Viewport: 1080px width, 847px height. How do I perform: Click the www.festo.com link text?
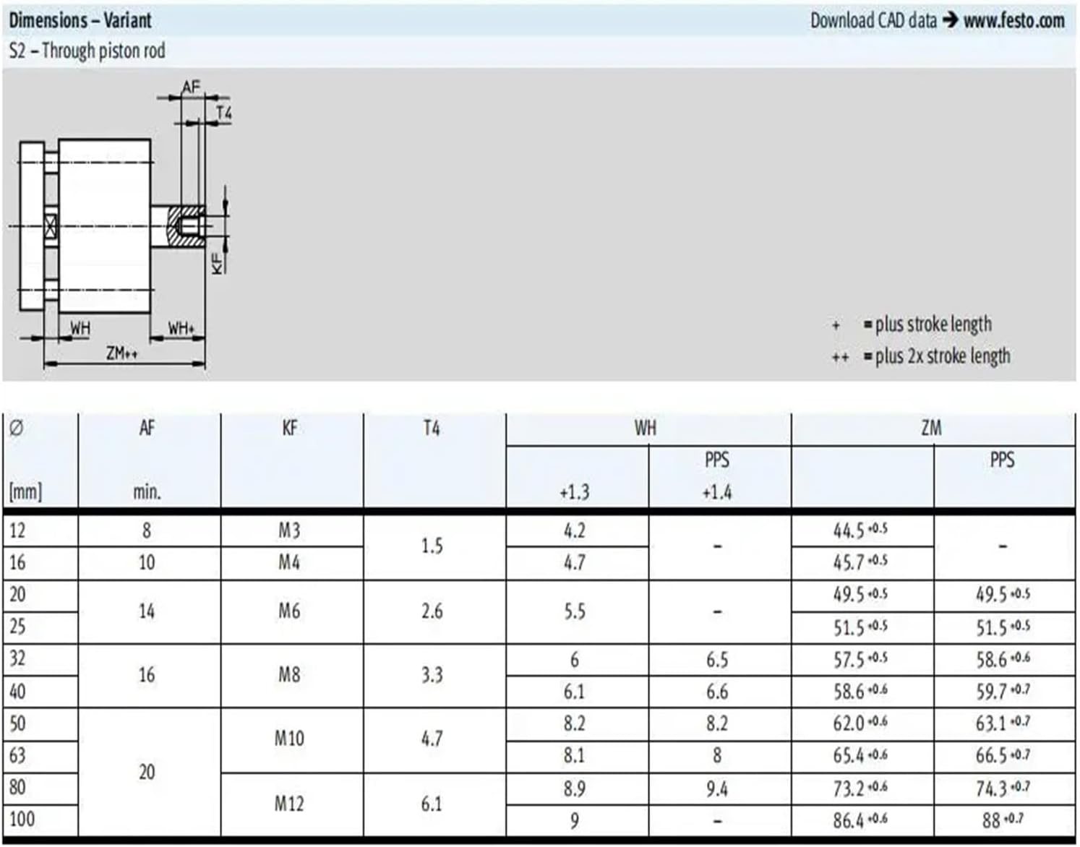pos(1013,20)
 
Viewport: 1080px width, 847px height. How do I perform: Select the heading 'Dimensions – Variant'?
pos(80,20)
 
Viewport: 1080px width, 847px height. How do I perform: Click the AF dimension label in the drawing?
pos(190,87)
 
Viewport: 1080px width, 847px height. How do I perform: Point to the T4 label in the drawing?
pos(224,113)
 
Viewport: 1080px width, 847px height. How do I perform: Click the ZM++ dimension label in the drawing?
pos(121,353)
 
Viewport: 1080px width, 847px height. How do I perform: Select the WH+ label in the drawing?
pos(181,328)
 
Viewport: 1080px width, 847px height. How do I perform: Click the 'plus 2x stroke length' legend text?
pos(942,356)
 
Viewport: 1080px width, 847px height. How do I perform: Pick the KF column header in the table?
pos(290,429)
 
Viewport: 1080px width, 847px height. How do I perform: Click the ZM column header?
pos(931,429)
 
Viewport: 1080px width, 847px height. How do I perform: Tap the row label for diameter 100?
pos(22,819)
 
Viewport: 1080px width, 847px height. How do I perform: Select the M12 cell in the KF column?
pos(289,804)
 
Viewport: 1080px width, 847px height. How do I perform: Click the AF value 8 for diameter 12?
pos(147,530)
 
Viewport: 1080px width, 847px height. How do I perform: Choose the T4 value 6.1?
pos(432,804)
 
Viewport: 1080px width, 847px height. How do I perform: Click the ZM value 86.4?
pos(849,820)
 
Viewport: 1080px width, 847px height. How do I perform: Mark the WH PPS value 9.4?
pos(716,788)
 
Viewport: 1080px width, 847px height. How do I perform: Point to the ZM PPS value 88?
pos(991,820)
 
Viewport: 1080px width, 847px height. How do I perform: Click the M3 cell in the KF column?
pos(289,530)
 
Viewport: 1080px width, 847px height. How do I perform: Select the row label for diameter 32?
pos(18,658)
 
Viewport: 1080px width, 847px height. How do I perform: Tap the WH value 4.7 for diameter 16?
pos(574,562)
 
